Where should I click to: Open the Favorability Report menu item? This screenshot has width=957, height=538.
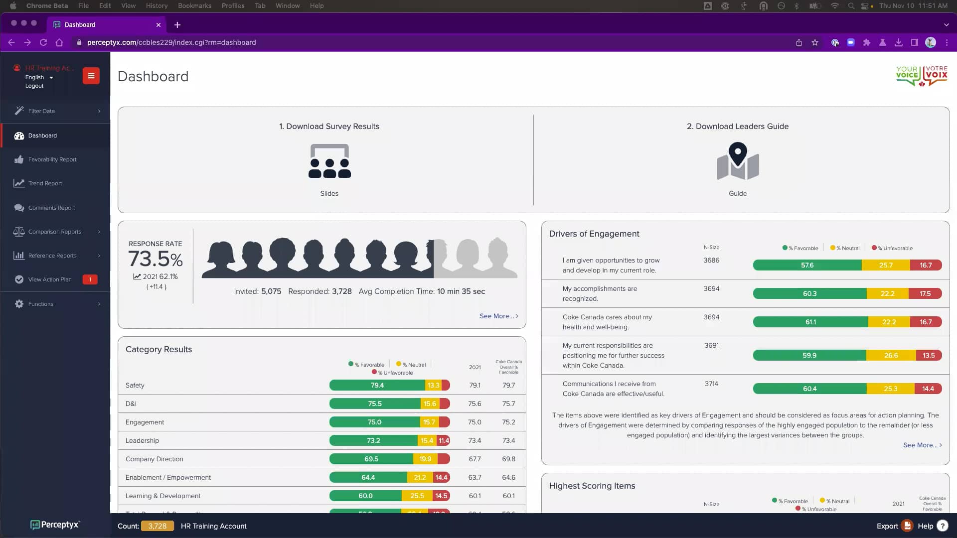pyautogui.click(x=52, y=159)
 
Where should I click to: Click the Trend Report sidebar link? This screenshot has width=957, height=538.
pyautogui.click(x=45, y=183)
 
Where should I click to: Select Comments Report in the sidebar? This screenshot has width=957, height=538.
pyautogui.click(x=51, y=208)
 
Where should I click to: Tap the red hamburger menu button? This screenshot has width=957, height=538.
pyautogui.click(x=91, y=76)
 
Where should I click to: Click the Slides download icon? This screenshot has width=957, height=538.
pyautogui.click(x=329, y=161)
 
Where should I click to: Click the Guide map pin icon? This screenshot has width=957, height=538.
pyautogui.click(x=738, y=161)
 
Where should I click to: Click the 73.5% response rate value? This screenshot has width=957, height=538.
pyautogui.click(x=155, y=259)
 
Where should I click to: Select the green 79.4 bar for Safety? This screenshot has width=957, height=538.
pyautogui.click(x=377, y=385)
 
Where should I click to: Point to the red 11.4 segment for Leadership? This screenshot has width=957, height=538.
pyautogui.click(x=444, y=440)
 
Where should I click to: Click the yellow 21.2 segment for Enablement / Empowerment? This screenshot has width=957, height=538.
pyautogui.click(x=420, y=477)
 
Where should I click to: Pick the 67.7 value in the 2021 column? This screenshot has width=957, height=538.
pyautogui.click(x=475, y=459)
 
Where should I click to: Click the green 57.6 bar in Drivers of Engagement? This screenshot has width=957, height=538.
pyautogui.click(x=807, y=265)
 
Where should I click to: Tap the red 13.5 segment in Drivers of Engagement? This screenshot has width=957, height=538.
pyautogui.click(x=929, y=355)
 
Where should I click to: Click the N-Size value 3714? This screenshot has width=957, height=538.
pyautogui.click(x=711, y=384)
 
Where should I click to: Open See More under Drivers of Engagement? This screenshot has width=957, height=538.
pyautogui.click(x=922, y=445)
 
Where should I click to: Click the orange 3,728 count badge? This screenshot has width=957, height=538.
pyautogui.click(x=157, y=526)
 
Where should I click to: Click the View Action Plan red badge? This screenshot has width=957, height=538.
pyautogui.click(x=90, y=279)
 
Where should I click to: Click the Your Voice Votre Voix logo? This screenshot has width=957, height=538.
pyautogui.click(x=921, y=76)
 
